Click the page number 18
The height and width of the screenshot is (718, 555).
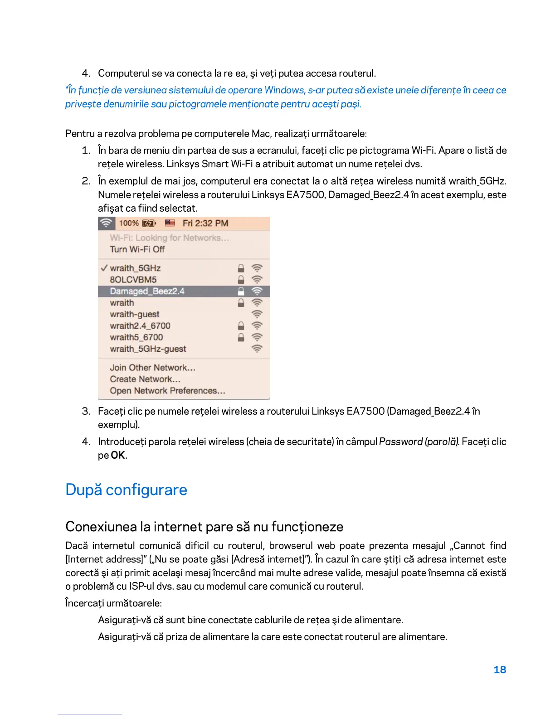500,669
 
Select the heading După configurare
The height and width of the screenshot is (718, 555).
126,490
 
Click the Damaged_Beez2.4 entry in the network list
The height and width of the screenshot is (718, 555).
147,291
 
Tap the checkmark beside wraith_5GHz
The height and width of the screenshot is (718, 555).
104,268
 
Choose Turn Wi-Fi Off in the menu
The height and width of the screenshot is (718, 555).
137,249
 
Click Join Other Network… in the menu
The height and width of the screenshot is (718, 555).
152,368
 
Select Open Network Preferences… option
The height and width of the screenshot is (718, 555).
167,391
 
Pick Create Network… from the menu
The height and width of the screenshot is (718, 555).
145,379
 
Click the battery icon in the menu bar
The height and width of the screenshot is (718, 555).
149,223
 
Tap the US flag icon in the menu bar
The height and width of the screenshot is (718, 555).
170,223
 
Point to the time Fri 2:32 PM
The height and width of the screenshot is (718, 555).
205,223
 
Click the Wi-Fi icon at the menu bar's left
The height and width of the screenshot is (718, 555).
106,223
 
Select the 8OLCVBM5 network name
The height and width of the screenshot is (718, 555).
133,280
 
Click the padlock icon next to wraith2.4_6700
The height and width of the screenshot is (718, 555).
241,326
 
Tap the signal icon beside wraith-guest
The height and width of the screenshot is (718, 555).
257,314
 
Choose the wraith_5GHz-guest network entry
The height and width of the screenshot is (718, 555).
148,349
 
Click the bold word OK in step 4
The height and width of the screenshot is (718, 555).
118,455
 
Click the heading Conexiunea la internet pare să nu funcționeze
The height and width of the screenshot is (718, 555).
204,527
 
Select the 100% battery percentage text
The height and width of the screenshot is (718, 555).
129,223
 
